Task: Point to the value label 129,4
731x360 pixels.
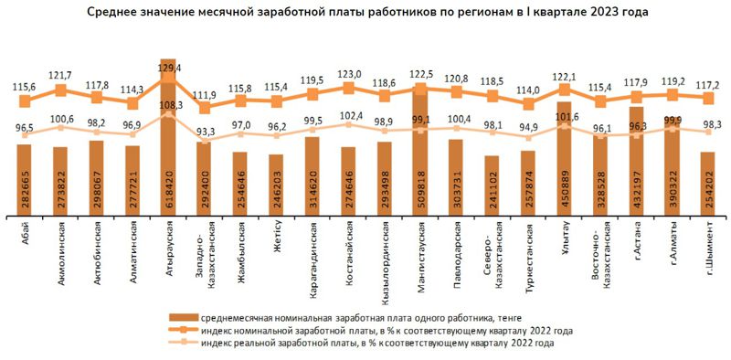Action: click(170, 68)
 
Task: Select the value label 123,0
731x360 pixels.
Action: click(350, 74)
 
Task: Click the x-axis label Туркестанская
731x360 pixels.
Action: click(527, 259)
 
